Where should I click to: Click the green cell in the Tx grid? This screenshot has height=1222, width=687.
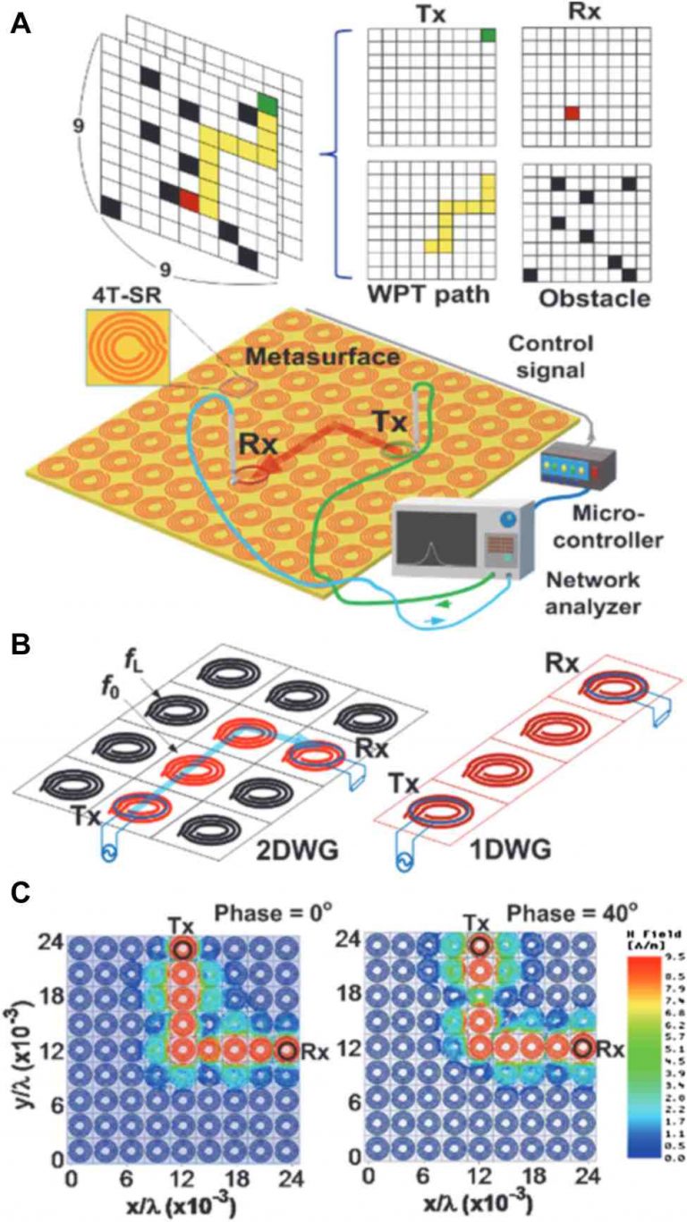[x=488, y=36]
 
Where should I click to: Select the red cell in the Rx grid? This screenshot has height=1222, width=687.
[x=572, y=113]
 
